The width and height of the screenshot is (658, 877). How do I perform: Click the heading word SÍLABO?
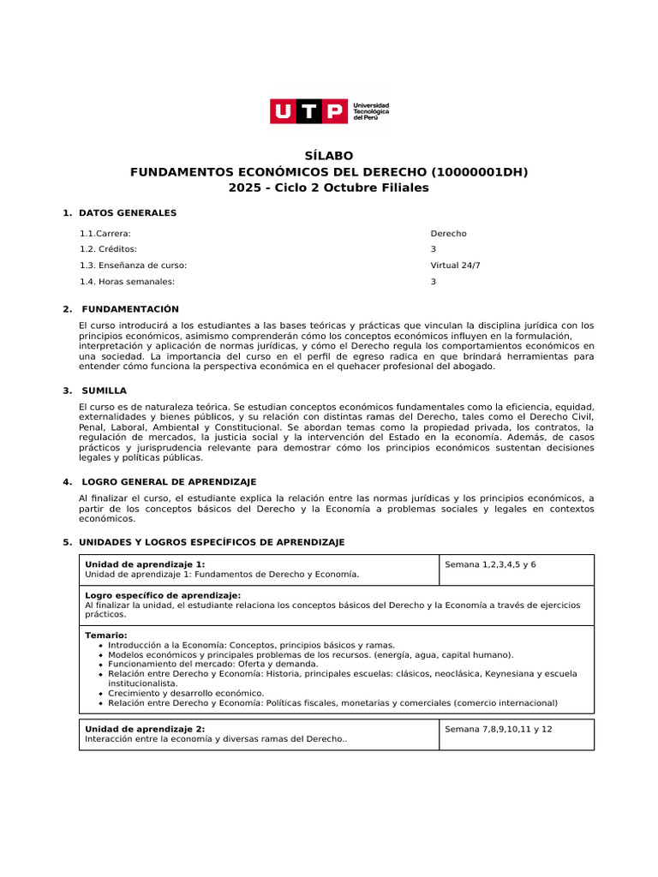[329, 156]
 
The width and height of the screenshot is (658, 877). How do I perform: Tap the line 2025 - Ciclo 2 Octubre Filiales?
[329, 188]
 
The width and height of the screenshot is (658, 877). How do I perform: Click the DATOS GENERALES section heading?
[128, 212]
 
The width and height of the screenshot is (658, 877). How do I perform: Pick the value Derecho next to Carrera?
[448, 233]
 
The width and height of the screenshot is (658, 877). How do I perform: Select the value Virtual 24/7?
[455, 265]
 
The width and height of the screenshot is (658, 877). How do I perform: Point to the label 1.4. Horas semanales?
[127, 282]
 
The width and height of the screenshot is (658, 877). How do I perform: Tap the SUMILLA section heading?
[104, 391]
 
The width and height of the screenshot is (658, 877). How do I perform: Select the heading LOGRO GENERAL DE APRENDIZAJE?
[167, 482]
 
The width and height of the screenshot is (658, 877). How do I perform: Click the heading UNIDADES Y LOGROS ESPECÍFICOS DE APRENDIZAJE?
[211, 542]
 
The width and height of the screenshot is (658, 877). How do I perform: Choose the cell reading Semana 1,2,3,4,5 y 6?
[490, 565]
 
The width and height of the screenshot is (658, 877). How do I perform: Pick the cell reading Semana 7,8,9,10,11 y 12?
[499, 730]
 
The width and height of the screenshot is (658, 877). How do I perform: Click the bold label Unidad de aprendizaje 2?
[145, 729]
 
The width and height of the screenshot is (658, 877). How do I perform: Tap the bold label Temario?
[106, 635]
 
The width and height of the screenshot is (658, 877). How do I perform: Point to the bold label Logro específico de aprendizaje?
[163, 595]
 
